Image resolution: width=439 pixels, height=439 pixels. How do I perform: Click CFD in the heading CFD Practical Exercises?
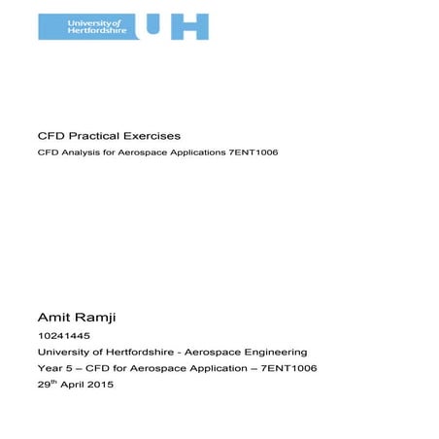coord(49,135)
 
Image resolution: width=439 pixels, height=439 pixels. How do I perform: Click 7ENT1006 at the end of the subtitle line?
coord(256,153)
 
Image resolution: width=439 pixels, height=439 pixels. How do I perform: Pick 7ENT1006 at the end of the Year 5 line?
coord(287,369)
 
